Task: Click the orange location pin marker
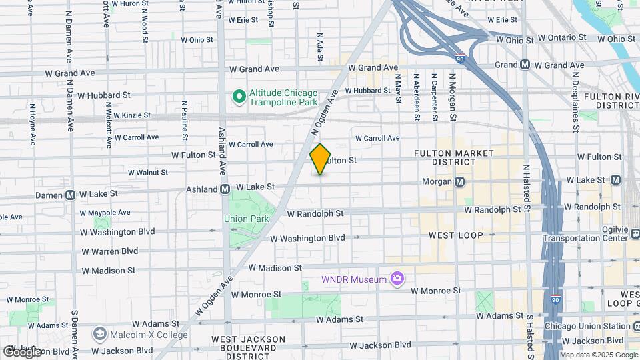(321, 159)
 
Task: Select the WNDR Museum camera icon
(398, 279)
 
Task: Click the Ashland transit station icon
(225, 189)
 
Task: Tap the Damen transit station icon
(70, 195)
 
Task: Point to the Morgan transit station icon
(460, 181)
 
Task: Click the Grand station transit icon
(525, 65)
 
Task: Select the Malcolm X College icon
(100, 333)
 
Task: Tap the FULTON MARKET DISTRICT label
(454, 157)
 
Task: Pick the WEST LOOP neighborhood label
(455, 235)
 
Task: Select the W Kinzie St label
(132, 115)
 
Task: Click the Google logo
(21, 351)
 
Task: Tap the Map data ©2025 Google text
(599, 355)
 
